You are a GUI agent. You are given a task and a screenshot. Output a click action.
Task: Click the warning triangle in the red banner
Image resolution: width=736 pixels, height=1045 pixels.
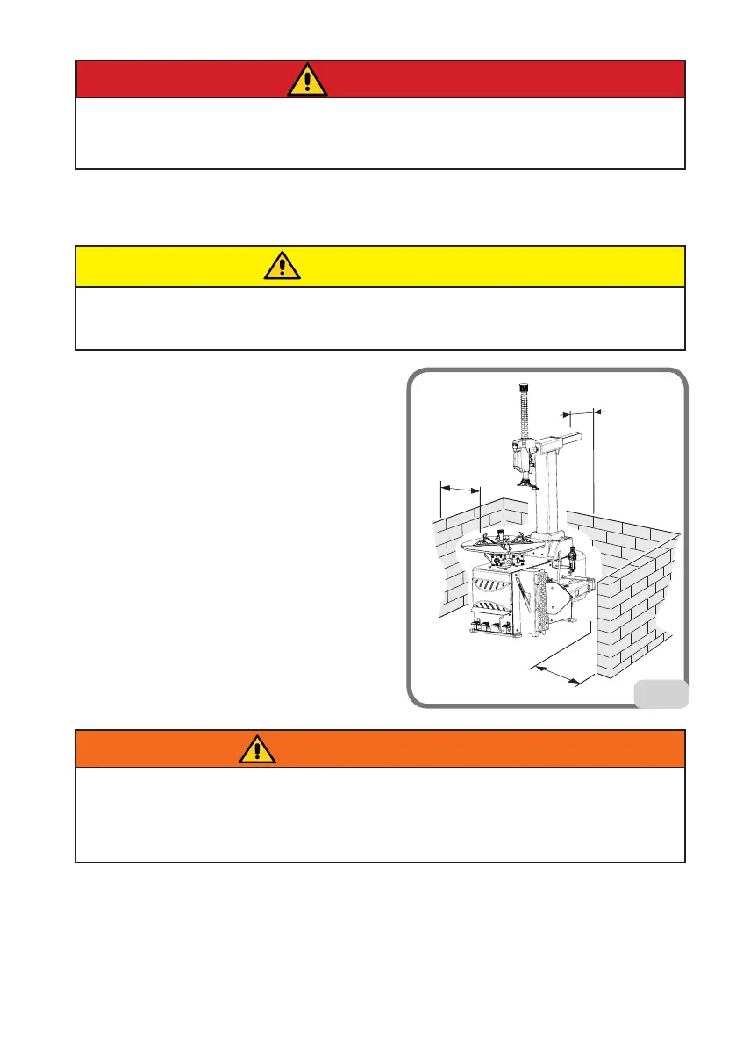click(307, 80)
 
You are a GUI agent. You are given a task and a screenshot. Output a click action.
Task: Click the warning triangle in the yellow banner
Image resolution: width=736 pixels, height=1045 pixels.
click(281, 266)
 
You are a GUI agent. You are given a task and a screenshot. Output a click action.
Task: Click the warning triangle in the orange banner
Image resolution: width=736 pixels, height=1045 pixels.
click(256, 748)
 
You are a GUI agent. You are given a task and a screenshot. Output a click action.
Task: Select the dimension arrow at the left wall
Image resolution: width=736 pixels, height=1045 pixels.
click(460, 488)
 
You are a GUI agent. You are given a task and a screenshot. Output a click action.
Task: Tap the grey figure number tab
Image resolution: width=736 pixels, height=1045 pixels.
click(661, 693)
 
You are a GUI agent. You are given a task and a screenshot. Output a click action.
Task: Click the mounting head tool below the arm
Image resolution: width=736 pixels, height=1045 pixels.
click(525, 481)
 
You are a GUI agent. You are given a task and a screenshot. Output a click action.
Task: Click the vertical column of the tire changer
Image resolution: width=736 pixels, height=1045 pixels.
click(551, 500)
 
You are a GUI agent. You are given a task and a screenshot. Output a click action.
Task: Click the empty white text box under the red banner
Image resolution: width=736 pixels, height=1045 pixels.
click(379, 132)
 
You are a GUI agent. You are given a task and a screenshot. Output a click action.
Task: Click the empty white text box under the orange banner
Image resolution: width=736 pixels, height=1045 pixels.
click(379, 814)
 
